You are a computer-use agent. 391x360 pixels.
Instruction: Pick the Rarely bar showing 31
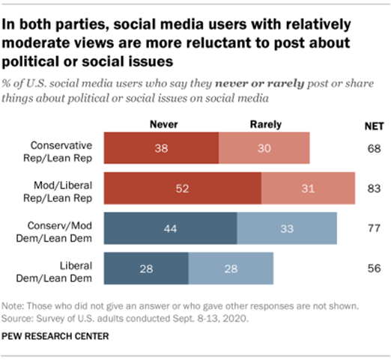[x=308, y=188]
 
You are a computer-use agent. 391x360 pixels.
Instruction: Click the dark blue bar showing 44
[x=170, y=228]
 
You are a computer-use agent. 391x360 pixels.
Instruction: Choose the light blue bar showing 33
[x=287, y=228]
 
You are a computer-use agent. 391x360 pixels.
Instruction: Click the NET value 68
[x=370, y=147]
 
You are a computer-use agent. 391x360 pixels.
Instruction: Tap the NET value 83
[x=370, y=188]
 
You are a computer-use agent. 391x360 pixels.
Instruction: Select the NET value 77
[x=370, y=228]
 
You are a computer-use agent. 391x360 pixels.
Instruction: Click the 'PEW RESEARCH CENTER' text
[x=56, y=336]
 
